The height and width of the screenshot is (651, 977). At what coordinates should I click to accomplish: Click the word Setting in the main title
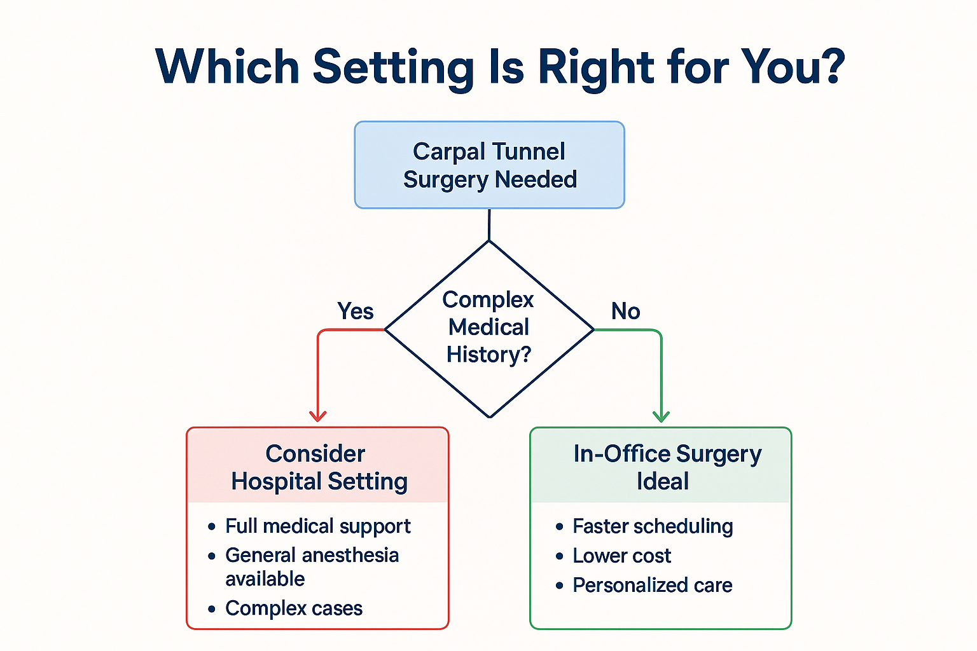393,67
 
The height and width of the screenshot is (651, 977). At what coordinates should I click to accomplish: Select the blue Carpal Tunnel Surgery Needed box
489,165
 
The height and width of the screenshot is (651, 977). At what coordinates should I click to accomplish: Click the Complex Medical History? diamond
489,327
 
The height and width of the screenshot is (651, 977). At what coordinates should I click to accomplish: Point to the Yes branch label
355,311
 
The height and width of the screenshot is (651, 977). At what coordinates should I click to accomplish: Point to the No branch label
625,311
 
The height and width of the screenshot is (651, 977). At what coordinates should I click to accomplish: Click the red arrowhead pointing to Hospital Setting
318,416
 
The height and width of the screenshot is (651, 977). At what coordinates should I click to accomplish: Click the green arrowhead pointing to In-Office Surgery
662,416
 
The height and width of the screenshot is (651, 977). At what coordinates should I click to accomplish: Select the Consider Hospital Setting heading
318,467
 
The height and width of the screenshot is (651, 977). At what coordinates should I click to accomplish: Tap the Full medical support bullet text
317,526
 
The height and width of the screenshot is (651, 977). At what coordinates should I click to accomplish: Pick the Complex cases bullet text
294,608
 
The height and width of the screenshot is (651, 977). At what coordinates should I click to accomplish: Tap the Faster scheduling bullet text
653,526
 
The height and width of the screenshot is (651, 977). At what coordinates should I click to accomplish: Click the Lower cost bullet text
621,556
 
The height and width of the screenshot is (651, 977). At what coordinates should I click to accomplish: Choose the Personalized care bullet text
653,585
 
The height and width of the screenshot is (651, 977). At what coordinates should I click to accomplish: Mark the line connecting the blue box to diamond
489,224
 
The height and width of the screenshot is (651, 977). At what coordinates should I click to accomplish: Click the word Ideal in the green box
663,481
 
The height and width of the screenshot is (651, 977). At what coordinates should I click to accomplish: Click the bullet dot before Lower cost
560,556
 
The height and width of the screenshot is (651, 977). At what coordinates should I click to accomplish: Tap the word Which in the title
227,67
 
